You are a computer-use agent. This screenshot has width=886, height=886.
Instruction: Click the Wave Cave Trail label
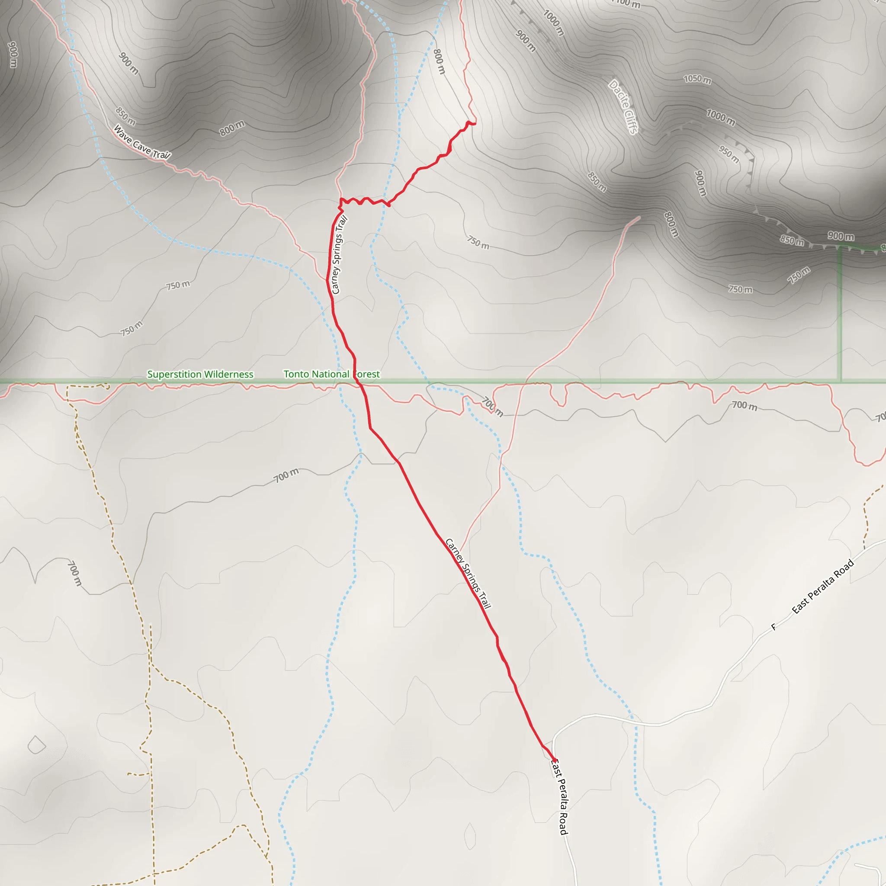pos(142,142)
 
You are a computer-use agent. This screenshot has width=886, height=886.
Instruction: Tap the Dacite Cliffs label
pos(623,107)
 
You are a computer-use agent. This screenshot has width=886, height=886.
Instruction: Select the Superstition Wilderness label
pos(200,374)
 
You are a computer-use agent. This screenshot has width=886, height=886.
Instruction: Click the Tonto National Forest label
pos(331,374)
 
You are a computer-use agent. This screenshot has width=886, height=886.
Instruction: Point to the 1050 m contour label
pos(697,79)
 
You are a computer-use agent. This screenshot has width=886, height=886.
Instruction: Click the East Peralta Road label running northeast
pos(823,587)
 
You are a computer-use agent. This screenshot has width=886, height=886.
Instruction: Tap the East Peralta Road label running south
pos(559,797)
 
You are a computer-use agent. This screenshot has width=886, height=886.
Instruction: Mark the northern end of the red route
pos(475,123)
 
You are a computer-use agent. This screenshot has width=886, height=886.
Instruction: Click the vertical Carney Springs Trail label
pos(339,254)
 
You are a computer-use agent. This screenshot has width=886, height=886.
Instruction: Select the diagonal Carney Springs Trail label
pos(468,574)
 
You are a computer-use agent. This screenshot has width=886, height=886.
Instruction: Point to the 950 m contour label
pos(729,154)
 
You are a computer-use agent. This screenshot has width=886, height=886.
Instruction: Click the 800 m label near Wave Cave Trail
pos(231,128)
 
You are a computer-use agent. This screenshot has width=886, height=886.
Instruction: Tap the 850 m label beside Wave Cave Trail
pos(125,116)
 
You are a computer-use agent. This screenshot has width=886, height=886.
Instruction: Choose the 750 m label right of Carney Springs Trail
pos(478,243)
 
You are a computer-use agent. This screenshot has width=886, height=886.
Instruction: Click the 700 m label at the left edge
pos(74,573)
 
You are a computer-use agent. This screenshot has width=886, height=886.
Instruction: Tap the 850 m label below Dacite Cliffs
pos(597,182)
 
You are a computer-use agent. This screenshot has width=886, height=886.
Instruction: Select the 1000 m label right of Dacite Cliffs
pos(720,117)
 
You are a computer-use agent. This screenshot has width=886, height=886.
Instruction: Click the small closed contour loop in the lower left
pos(37,745)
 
